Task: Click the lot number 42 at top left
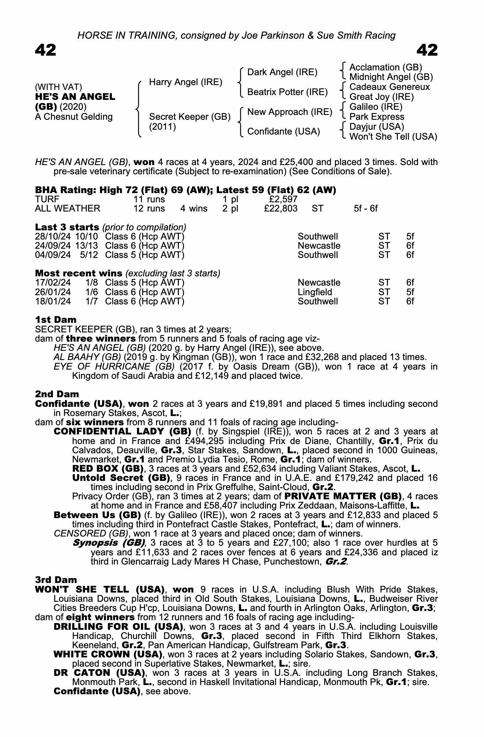(x=46, y=50)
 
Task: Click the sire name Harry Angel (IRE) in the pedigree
(x=186, y=82)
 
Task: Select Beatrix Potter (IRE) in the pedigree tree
(x=287, y=92)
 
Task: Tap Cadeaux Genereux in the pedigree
(x=389, y=87)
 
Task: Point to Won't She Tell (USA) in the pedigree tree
(x=393, y=137)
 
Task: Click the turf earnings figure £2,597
(x=283, y=199)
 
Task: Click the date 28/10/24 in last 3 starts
(x=53, y=237)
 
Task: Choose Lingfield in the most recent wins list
(x=315, y=292)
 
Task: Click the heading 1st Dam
(x=56, y=319)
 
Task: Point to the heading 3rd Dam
(x=56, y=580)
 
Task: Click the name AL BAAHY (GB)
(x=87, y=357)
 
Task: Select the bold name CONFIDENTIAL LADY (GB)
(x=122, y=432)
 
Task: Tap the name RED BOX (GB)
(x=107, y=469)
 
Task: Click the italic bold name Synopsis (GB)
(x=109, y=543)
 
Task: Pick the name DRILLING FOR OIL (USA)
(x=118, y=626)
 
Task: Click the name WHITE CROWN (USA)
(x=108, y=654)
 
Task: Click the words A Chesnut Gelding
(x=74, y=117)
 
